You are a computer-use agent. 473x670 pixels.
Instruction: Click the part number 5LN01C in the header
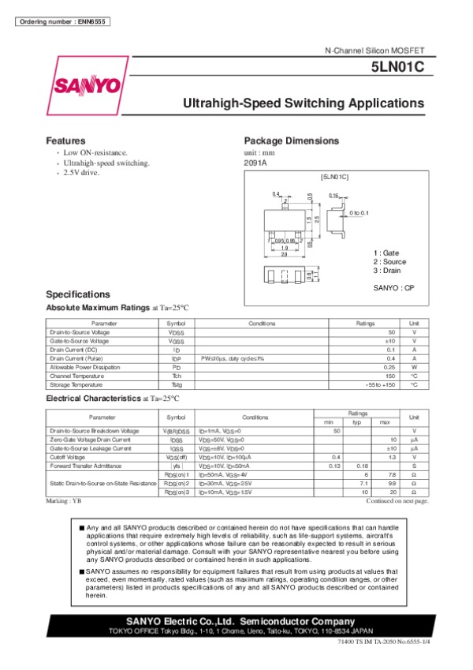click(402, 68)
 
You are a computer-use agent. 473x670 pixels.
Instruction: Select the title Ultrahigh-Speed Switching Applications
click(304, 103)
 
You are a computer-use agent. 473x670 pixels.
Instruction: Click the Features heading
click(65, 140)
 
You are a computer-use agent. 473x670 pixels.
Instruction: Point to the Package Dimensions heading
click(292, 140)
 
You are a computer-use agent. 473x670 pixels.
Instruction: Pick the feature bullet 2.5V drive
click(82, 172)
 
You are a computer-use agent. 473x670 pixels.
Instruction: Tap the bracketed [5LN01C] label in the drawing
click(335, 178)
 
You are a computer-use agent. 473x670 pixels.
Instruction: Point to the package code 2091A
click(256, 163)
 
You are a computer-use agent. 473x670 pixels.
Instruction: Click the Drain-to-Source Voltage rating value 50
click(391, 332)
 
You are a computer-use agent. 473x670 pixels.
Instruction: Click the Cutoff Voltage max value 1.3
click(391, 457)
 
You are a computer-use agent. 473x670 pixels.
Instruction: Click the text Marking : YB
click(64, 501)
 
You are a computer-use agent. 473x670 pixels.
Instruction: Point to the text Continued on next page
click(397, 501)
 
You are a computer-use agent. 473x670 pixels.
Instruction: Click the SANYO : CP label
click(393, 289)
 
